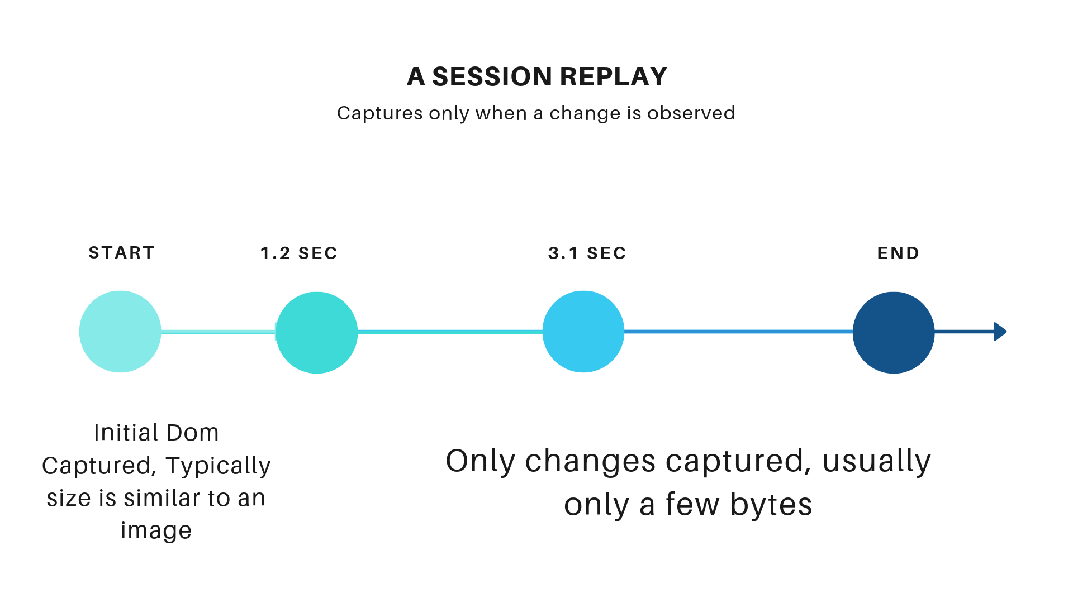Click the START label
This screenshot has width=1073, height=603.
point(121,253)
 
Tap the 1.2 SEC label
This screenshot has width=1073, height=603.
point(299,253)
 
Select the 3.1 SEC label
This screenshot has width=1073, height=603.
point(587,253)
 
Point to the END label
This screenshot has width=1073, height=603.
point(898,253)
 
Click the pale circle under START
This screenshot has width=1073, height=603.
point(120,332)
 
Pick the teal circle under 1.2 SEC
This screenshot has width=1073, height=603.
point(317,333)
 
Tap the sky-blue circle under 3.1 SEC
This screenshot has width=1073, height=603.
point(583,332)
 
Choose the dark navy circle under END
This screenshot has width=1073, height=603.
point(894,333)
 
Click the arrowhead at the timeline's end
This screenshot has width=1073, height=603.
point(1000,332)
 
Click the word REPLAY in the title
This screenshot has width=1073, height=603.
point(614,76)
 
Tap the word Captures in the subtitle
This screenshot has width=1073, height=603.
point(380,114)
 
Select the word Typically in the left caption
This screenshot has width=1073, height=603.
point(218,466)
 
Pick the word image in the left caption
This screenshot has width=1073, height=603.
point(156,531)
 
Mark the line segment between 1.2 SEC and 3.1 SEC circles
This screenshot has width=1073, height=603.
point(450,332)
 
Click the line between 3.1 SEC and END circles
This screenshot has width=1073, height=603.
point(739,332)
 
